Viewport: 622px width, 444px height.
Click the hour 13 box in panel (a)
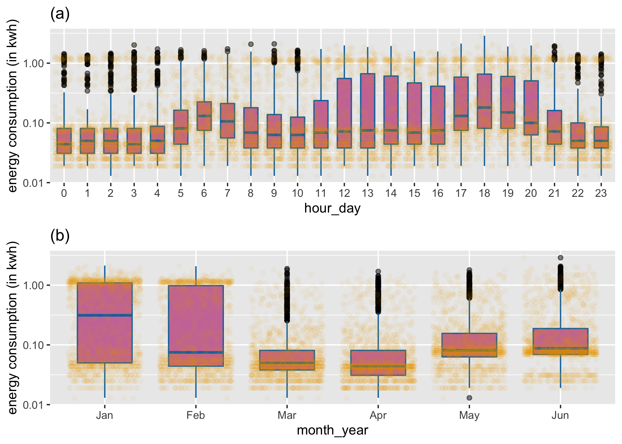pos(368,111)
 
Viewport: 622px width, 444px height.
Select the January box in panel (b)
pos(105,323)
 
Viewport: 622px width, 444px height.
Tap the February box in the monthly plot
pos(196,326)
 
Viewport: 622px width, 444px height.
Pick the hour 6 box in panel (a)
pos(204,116)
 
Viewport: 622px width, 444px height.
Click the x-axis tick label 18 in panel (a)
pos(484,193)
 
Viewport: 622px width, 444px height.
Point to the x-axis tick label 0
pos(64,193)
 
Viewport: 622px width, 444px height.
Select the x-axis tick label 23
pos(601,193)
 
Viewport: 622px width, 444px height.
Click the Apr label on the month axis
pos(378,415)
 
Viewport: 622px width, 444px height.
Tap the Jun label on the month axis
pos(560,415)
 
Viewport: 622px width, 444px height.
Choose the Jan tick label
pos(105,415)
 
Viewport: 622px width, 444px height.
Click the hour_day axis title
pos(332,208)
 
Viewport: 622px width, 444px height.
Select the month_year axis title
pos(332,430)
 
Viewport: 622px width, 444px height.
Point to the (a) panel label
pos(60,14)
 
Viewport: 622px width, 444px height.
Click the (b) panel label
pos(60,236)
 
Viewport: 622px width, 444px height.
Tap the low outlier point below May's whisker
pos(469,398)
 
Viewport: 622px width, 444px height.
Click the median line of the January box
pos(105,315)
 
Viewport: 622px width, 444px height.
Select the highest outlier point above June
pos(560,258)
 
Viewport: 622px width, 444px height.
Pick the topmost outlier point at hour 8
pos(251,44)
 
